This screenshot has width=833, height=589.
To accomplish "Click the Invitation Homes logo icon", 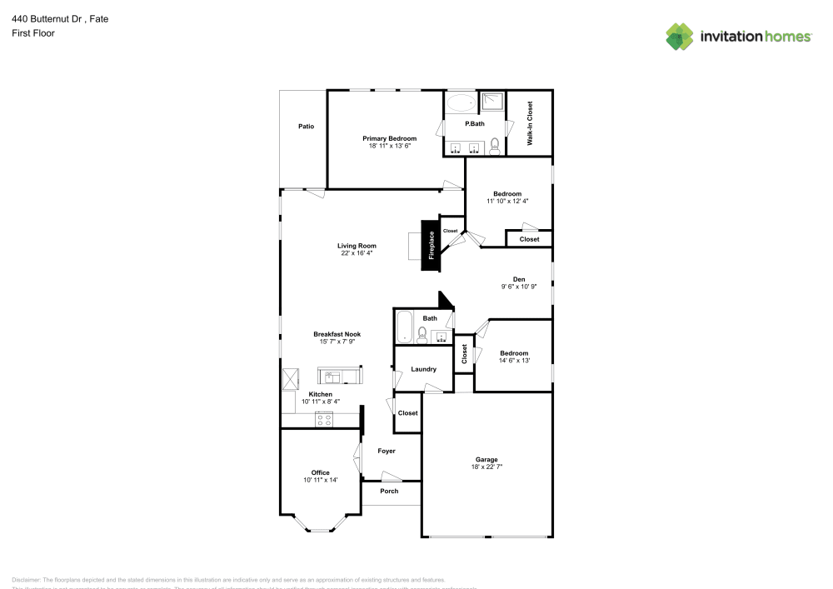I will (x=680, y=36).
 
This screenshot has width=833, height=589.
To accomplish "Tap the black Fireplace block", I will (x=430, y=246).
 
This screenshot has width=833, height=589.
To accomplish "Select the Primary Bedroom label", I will (x=389, y=138).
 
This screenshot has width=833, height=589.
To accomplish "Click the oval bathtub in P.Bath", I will (x=460, y=103).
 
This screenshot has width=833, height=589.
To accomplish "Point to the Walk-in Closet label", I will (x=530, y=123).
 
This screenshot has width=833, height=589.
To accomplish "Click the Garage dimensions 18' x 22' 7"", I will (x=486, y=467).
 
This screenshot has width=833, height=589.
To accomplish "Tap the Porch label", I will (x=389, y=491).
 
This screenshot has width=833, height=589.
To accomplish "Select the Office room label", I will (x=321, y=472).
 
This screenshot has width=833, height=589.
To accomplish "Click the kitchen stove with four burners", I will (x=323, y=420).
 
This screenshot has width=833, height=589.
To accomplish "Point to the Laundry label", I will (x=424, y=369).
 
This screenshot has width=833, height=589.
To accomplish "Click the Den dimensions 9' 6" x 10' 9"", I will (x=518, y=287).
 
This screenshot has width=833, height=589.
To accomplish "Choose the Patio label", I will (x=307, y=126).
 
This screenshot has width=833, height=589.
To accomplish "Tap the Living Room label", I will (x=357, y=246).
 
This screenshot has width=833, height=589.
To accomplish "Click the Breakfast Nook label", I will (x=337, y=334).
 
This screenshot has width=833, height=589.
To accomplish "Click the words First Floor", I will (x=33, y=33).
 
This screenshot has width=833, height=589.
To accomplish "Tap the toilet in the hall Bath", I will (x=421, y=335).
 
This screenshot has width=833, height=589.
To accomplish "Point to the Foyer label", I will (x=387, y=451).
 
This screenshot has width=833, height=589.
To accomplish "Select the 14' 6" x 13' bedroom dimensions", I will (x=514, y=361).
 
